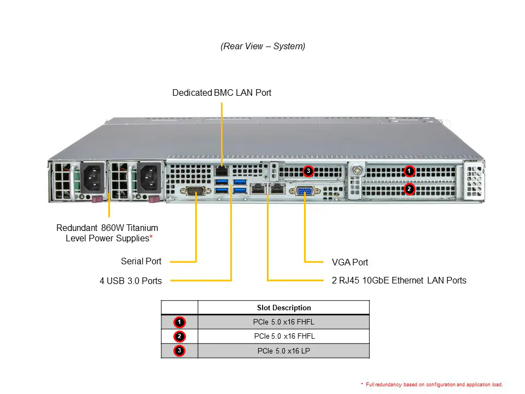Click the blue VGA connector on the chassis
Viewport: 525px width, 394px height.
tap(305, 191)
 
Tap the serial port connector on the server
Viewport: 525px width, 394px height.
tap(195, 190)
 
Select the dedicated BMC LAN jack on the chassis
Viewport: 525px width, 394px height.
tap(221, 170)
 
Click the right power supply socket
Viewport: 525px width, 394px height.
tap(149, 177)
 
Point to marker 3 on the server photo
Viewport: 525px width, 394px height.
tap(308, 171)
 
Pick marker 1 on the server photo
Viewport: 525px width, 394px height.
tap(409, 171)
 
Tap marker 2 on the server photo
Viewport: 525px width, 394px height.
tap(409, 189)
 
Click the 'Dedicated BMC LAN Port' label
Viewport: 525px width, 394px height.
tap(221, 93)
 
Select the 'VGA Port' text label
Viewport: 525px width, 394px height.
tap(350, 262)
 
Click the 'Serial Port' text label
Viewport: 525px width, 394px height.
tap(141, 262)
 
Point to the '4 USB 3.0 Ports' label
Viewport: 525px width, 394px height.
tap(131, 281)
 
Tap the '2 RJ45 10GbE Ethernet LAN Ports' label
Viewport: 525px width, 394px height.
tap(399, 280)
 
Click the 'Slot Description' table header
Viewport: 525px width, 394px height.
tap(284, 308)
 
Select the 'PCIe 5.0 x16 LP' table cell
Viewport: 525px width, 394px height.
tap(283, 351)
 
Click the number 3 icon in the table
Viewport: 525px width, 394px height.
tap(179, 351)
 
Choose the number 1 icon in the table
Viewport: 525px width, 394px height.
tap(179, 322)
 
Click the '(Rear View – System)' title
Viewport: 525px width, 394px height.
tap(263, 47)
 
